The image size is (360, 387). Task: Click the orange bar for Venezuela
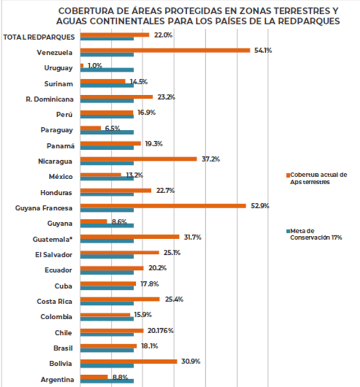pyautogui.click(x=165, y=50)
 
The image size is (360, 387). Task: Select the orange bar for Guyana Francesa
pyautogui.click(x=163, y=206)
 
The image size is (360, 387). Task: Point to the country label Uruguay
pyautogui.click(x=58, y=68)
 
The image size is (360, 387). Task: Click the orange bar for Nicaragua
pyautogui.click(x=139, y=158)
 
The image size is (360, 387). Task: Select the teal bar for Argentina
pyautogui.click(x=107, y=381)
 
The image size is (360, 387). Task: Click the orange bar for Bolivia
pyautogui.click(x=128, y=362)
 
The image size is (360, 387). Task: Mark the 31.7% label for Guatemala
pyautogui.click(x=192, y=237)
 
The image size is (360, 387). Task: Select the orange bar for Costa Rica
pyautogui.click(x=119, y=299)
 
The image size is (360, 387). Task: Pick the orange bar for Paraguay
pyautogui.click(x=90, y=128)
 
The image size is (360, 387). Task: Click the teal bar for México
pyautogui.click(x=107, y=178)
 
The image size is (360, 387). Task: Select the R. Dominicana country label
pyautogui.click(x=50, y=99)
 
